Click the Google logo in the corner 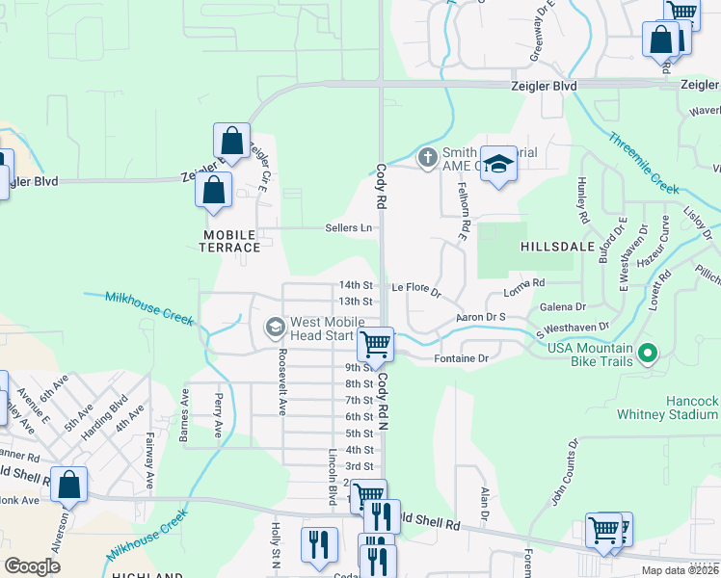tap(32, 565)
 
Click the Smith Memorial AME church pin tap(427, 156)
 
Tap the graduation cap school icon tap(498, 164)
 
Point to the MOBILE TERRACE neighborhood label tap(230, 241)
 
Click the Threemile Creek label tap(644, 159)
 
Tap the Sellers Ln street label tap(349, 228)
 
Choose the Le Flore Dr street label tap(415, 287)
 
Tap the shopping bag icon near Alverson tap(69, 486)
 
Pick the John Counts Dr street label tap(564, 472)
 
